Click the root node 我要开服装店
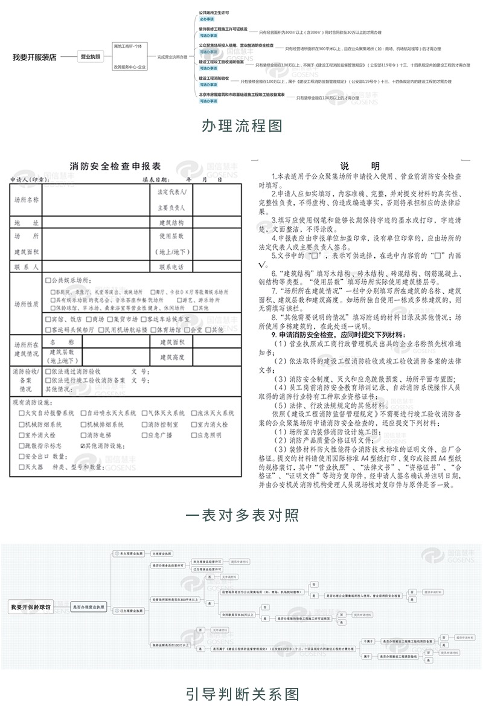(x=34, y=57)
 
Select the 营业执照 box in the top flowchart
(x=91, y=57)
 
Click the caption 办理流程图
(x=241, y=126)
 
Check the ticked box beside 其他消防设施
(x=83, y=446)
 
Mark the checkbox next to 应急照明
(x=195, y=435)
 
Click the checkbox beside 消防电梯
(x=83, y=435)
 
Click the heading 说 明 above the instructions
(x=359, y=166)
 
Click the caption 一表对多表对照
(x=241, y=515)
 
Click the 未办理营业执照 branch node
(x=128, y=553)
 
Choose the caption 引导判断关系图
(x=241, y=693)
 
